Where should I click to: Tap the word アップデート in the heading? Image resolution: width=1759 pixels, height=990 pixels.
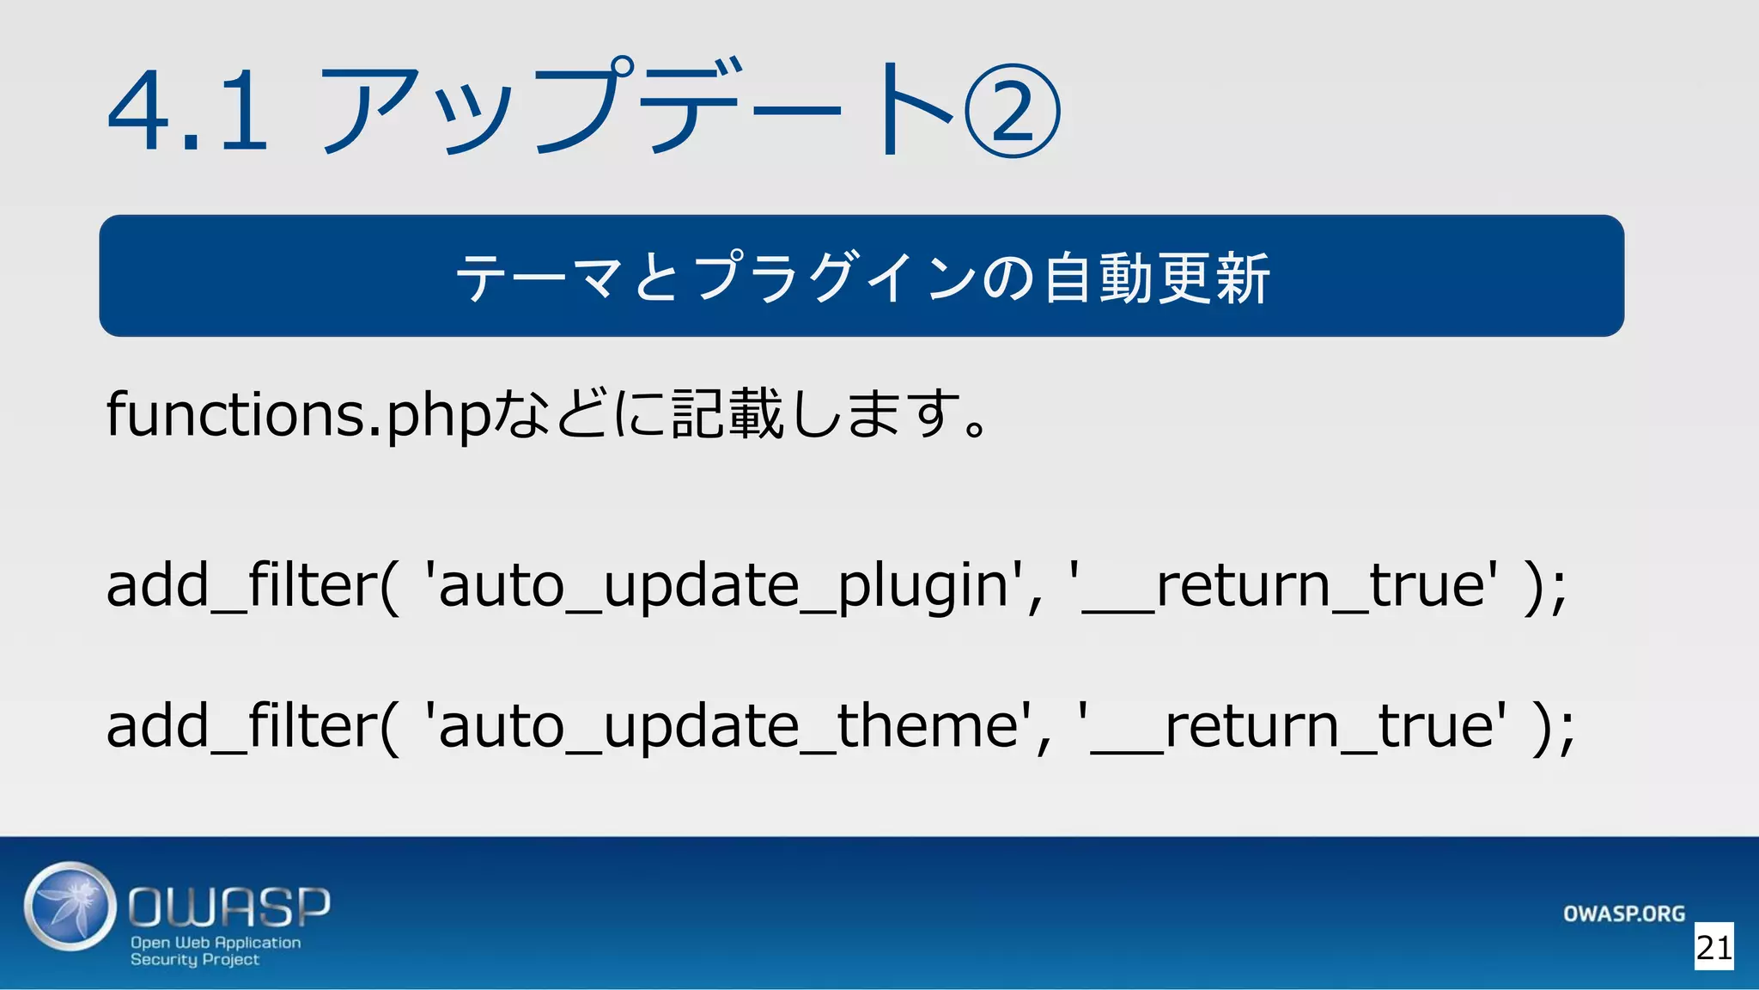click(636, 110)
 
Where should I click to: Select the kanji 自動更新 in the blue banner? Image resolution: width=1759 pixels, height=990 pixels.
click(1156, 278)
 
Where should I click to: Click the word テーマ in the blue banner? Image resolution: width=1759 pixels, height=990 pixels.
click(539, 278)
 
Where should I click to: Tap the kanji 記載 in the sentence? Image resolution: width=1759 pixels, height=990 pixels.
click(727, 414)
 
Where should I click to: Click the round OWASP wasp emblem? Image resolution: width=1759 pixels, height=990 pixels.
click(70, 907)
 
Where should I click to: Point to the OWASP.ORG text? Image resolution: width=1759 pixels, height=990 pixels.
click(1623, 914)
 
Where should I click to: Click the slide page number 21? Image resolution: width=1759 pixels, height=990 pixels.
click(1713, 947)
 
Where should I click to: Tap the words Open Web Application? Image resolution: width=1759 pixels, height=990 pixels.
click(216, 943)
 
